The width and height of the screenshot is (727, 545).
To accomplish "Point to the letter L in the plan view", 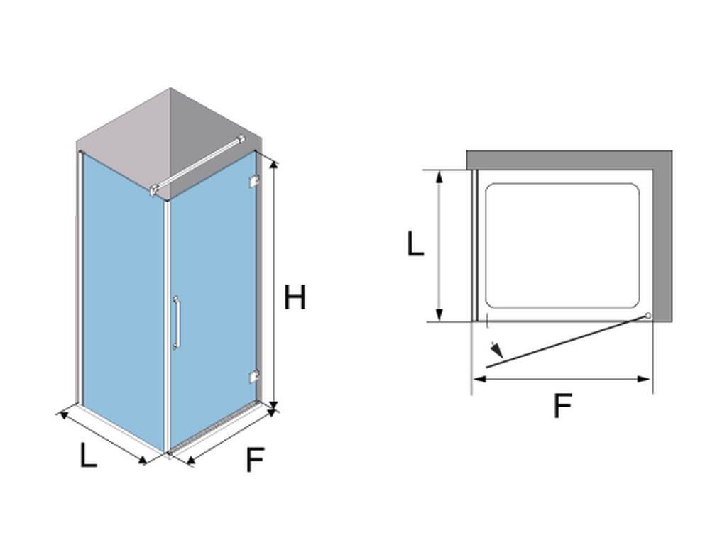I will click(x=415, y=244).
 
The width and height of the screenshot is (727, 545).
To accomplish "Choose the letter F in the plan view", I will click(x=562, y=406).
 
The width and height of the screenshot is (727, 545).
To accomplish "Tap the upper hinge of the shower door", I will click(x=253, y=184).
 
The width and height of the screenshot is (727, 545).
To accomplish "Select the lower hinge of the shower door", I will click(x=253, y=377).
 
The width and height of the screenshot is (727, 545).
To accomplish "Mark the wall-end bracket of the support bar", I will click(x=242, y=139).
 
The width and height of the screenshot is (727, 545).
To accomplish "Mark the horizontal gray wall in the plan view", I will click(x=561, y=158).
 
